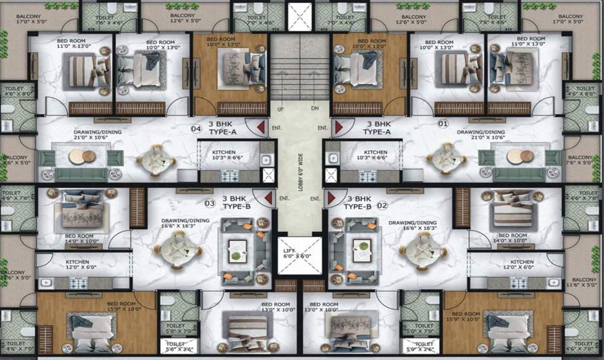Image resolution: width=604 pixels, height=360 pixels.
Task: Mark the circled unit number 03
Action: coord(210,203)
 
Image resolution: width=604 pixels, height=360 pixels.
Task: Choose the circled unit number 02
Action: coord(382,205)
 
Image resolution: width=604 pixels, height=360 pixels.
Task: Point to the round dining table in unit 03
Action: coord(176,250)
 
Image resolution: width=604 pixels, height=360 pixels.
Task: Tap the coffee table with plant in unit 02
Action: coord(362,247)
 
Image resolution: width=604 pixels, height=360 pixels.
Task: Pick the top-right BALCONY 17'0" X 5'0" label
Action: coord(571,19)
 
